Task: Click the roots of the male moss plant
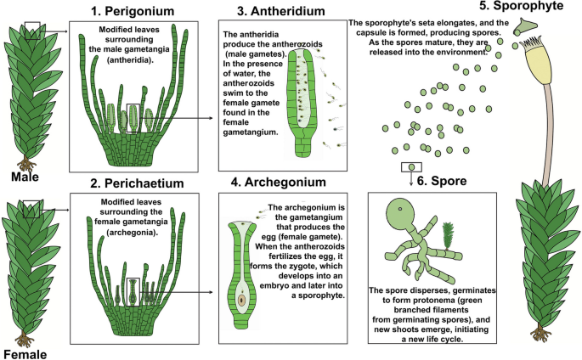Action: coord(29,160)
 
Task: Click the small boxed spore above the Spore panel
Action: coord(411,167)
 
